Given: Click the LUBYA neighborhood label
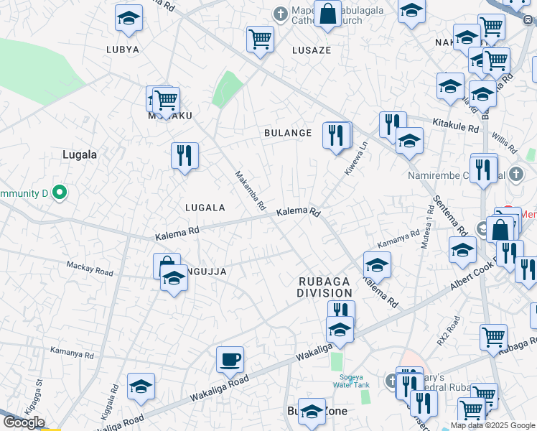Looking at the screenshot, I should (x=122, y=50).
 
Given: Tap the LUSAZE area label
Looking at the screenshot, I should (x=312, y=50).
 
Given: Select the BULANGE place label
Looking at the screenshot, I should (x=288, y=133).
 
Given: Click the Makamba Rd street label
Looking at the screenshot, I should (x=251, y=190).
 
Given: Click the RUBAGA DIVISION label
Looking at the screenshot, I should (x=325, y=287).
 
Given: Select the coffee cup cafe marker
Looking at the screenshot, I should (x=230, y=358).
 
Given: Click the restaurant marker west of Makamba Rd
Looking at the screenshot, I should (x=185, y=154).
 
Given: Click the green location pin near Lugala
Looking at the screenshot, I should (x=60, y=193).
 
